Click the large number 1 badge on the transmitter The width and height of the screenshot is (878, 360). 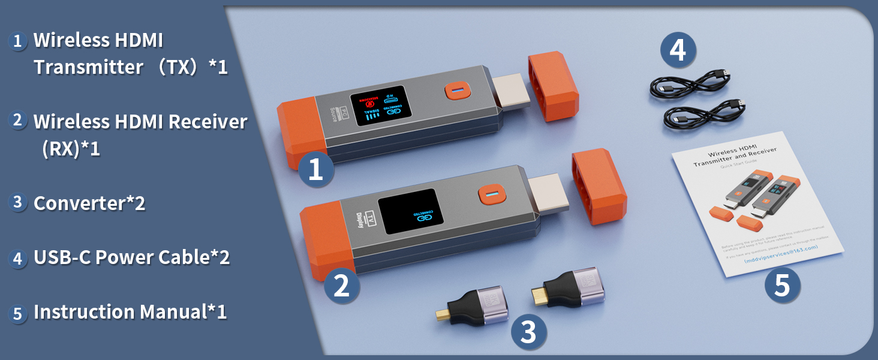pos(315,169)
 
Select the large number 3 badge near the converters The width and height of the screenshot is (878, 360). pos(528,332)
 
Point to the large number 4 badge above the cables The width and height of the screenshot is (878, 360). pos(678,50)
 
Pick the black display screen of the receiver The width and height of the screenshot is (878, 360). pos(410,213)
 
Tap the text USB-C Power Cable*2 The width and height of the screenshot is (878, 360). pos(131,257)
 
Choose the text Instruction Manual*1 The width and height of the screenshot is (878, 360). pos(130,312)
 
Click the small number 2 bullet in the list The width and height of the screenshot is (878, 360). pos(18,120)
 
